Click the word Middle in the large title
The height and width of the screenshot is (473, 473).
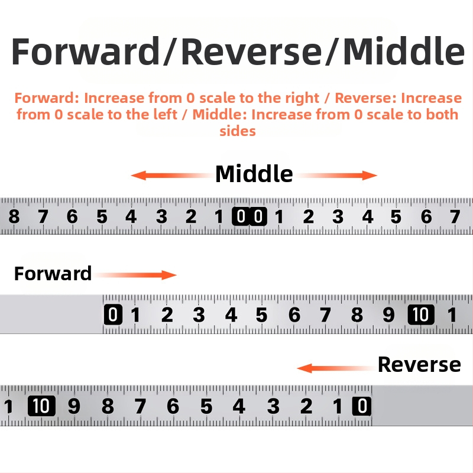click(404, 51)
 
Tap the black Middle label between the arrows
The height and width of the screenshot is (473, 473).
click(254, 174)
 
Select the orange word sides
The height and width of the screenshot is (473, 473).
click(238, 131)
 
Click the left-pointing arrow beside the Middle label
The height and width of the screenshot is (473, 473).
click(172, 175)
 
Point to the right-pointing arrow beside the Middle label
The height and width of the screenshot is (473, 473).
click(336, 175)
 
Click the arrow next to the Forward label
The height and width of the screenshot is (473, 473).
click(135, 275)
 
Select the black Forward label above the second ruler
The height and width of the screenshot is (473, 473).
click(53, 274)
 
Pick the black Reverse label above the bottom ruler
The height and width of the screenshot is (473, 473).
click(419, 364)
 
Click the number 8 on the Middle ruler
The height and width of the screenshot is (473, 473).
click(14, 216)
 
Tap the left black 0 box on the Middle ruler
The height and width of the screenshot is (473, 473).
click(241, 216)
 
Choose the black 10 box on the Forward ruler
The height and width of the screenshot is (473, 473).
click(421, 315)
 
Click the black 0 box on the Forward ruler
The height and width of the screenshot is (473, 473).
click(113, 315)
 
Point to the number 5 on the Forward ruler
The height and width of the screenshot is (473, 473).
click(261, 315)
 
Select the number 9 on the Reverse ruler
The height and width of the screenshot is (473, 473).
click(74, 406)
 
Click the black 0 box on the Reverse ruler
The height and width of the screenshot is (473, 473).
click(362, 406)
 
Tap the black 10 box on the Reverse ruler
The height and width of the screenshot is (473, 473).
click(41, 406)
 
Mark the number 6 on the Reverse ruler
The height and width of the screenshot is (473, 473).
click(173, 406)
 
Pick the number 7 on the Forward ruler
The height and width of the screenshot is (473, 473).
click(325, 315)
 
